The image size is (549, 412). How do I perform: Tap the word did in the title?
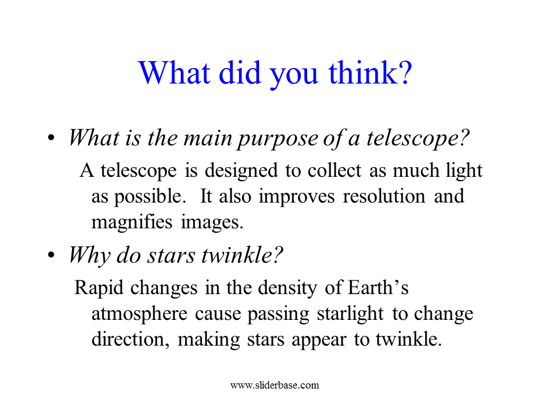click(240, 73)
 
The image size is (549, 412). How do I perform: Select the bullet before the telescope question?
click(51, 138)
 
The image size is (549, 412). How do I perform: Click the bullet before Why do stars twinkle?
click(51, 255)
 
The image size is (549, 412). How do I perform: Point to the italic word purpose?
click(278, 139)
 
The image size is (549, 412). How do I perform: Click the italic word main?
click(208, 138)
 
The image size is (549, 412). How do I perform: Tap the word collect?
click(335, 171)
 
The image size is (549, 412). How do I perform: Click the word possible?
click(149, 197)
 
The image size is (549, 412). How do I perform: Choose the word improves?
click(297, 197)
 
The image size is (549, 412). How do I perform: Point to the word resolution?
click(384, 196)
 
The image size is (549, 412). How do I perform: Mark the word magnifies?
click(132, 223)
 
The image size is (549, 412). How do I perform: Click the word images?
click(212, 223)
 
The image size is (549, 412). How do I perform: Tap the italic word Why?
click(89, 256)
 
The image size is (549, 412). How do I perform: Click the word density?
click(287, 288)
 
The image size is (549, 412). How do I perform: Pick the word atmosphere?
click(140, 314)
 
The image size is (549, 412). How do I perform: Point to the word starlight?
click(350, 314)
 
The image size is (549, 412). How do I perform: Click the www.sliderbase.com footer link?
click(275, 385)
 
